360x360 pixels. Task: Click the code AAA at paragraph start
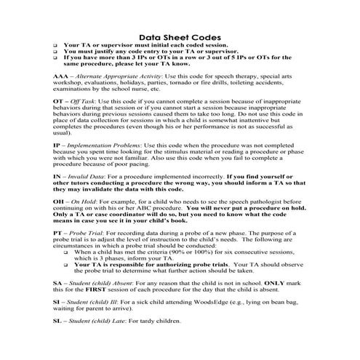[x=62, y=76]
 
